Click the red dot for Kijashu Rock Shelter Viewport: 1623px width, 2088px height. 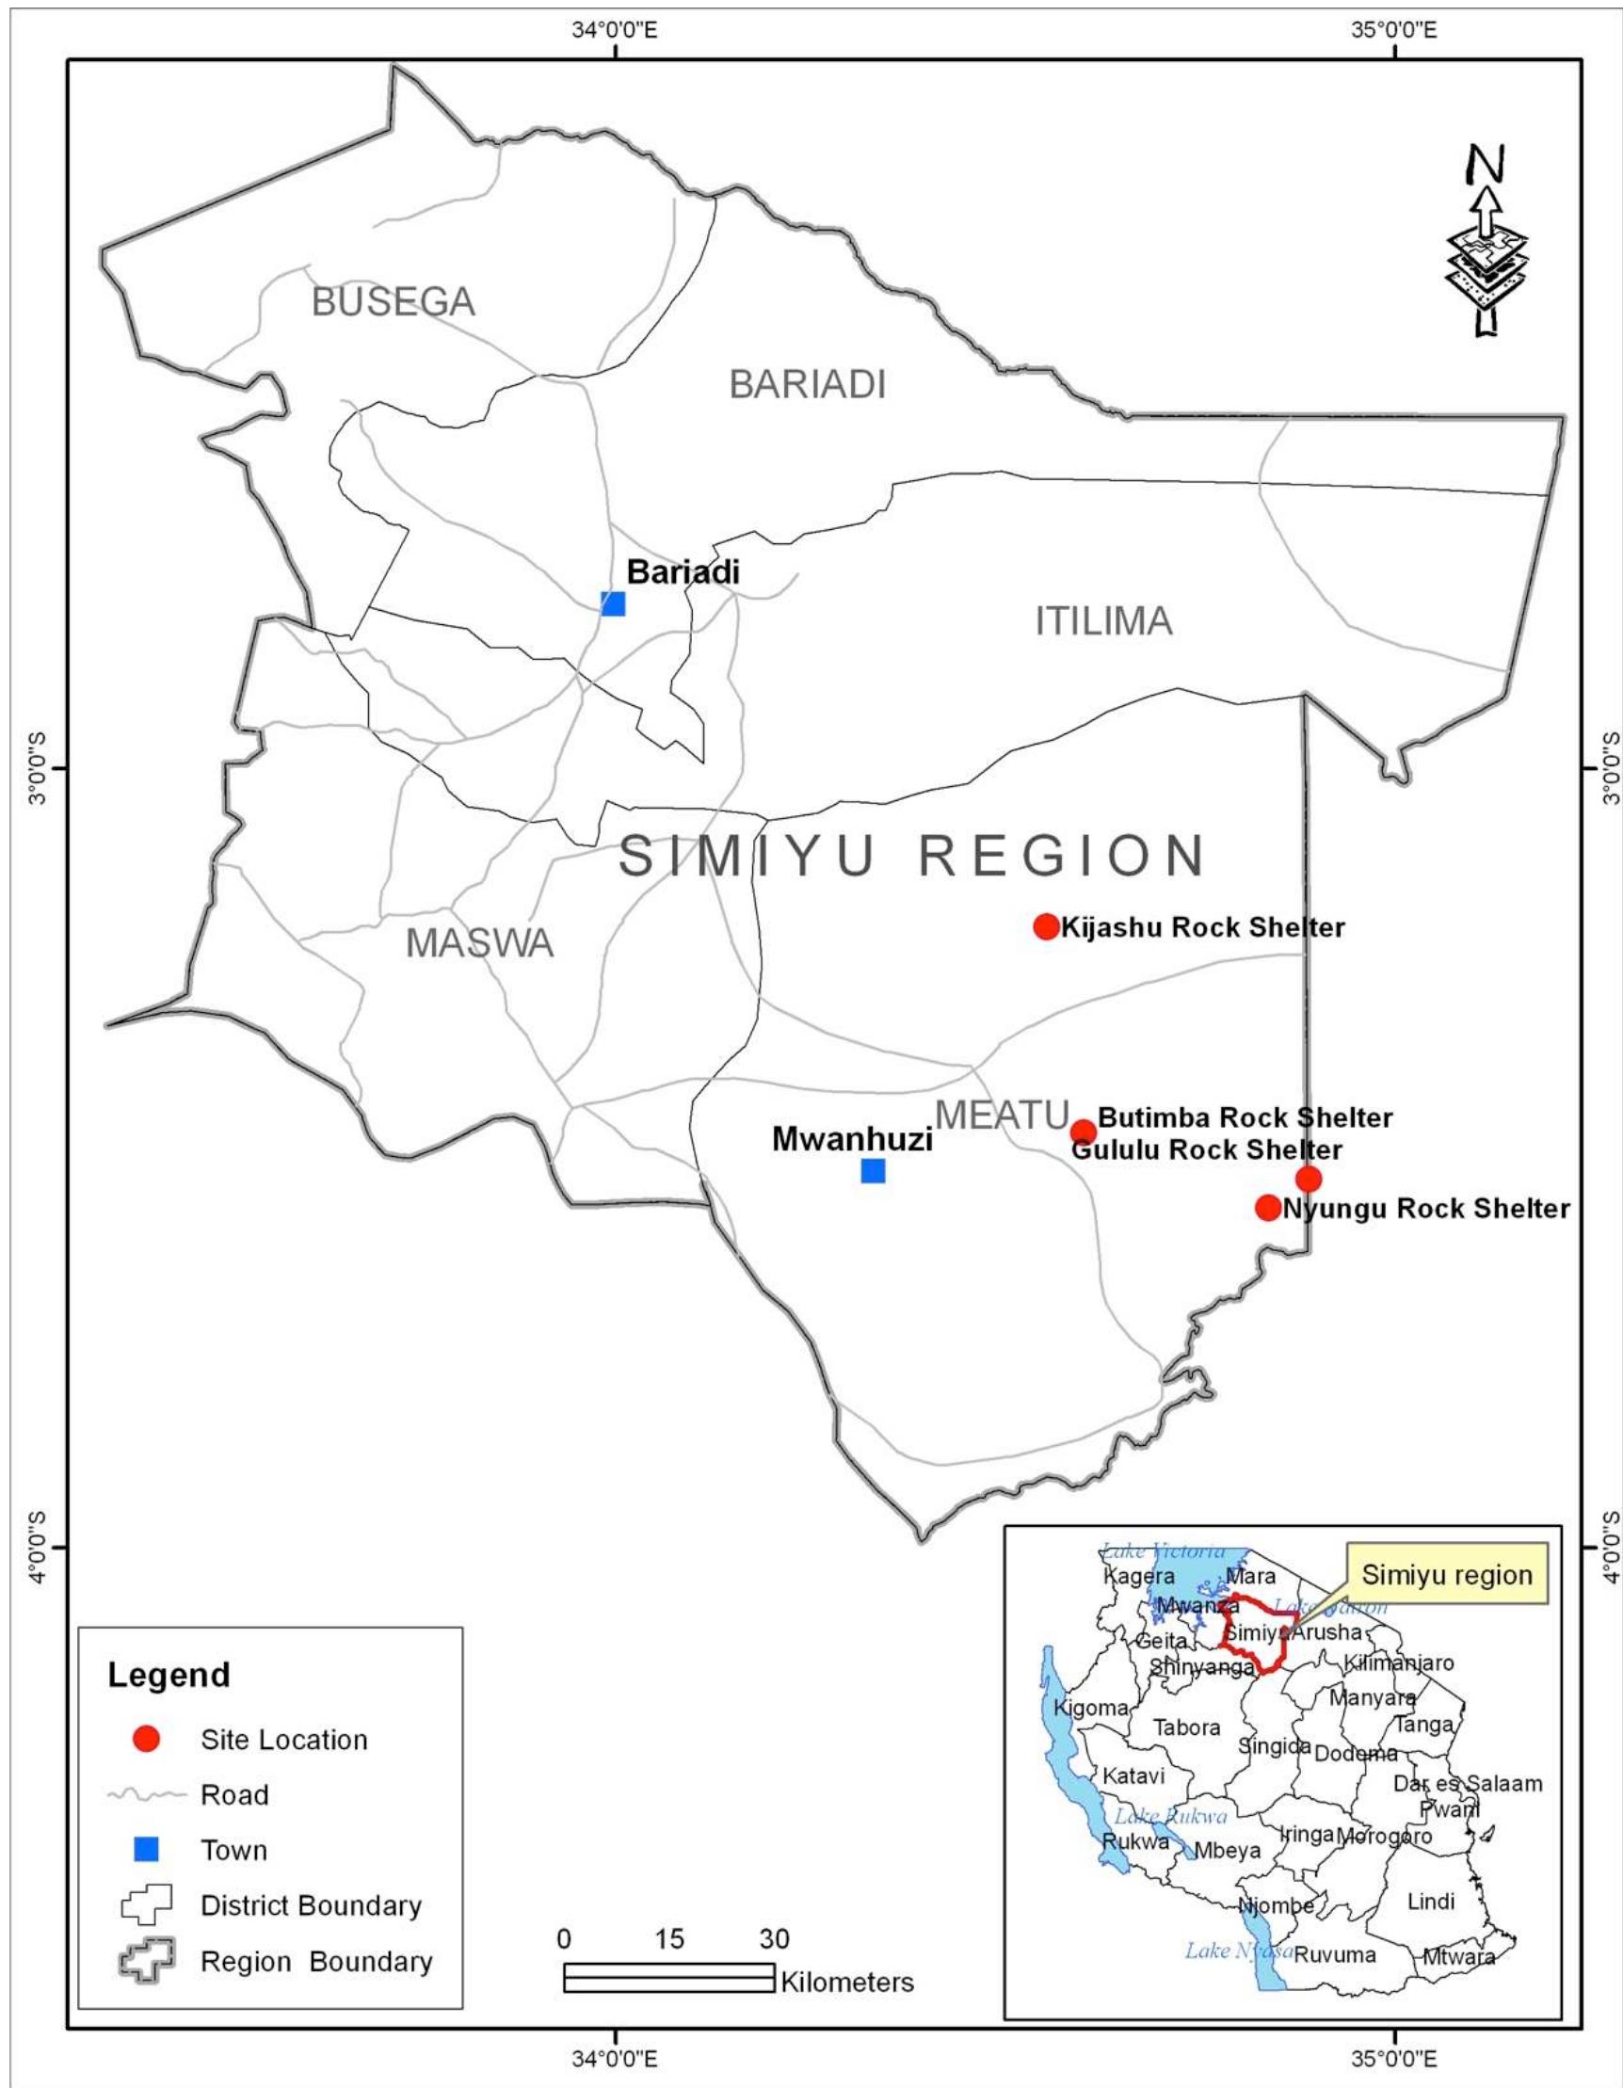click(1047, 926)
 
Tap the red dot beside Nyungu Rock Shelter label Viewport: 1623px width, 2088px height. click(1267, 1208)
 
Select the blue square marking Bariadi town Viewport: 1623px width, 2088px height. click(613, 603)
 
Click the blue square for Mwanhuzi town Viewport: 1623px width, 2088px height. click(873, 1170)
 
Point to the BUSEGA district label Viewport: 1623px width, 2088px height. click(393, 302)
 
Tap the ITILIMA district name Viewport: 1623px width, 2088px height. click(1103, 621)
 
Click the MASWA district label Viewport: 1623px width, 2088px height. click(480, 943)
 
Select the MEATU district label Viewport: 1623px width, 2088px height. click(1002, 1115)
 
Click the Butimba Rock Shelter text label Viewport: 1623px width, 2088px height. click(1245, 1116)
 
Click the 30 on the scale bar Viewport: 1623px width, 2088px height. click(774, 1939)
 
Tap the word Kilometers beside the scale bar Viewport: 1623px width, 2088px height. click(847, 1982)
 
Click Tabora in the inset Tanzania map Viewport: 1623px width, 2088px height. click(1186, 1727)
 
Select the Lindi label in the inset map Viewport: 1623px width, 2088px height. click(1431, 1902)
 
